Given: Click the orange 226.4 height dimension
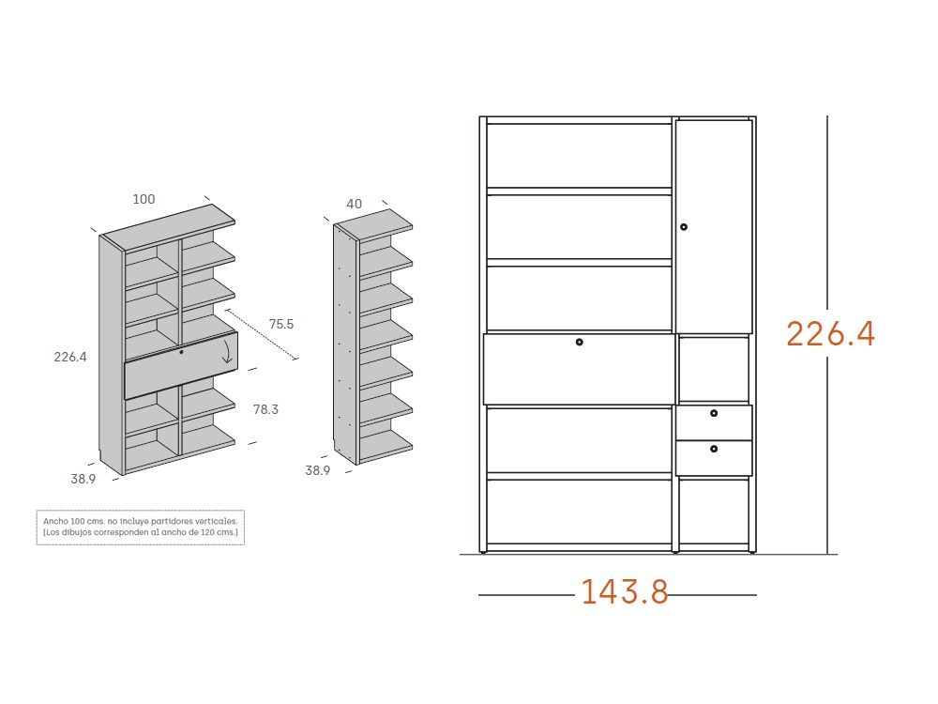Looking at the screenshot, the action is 830,333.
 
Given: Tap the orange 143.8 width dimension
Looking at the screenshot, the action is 625,591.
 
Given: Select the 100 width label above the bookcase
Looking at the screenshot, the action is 144,199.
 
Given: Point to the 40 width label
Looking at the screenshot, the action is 355,204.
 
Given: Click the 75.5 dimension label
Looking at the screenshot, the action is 281,324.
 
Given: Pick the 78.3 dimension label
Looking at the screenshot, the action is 265,409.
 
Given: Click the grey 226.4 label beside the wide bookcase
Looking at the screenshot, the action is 70,357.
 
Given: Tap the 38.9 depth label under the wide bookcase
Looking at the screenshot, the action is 83,479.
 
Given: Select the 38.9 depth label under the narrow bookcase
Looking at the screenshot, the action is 318,470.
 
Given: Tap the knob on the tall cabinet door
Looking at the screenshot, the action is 684,227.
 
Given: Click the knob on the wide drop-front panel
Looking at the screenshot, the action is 579,342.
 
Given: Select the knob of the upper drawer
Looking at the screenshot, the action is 714,413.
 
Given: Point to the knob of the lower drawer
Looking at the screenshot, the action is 714,449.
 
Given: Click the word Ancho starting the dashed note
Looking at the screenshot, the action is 55,521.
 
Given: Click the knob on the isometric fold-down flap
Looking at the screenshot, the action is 181,352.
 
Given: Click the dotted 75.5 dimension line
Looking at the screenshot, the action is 261,335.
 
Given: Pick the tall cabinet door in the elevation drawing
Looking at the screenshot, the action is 714,226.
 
